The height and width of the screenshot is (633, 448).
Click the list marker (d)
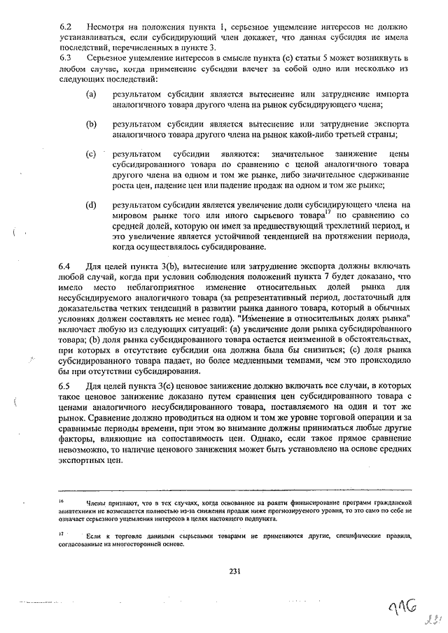91,205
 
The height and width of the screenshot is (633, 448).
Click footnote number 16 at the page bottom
62,502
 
